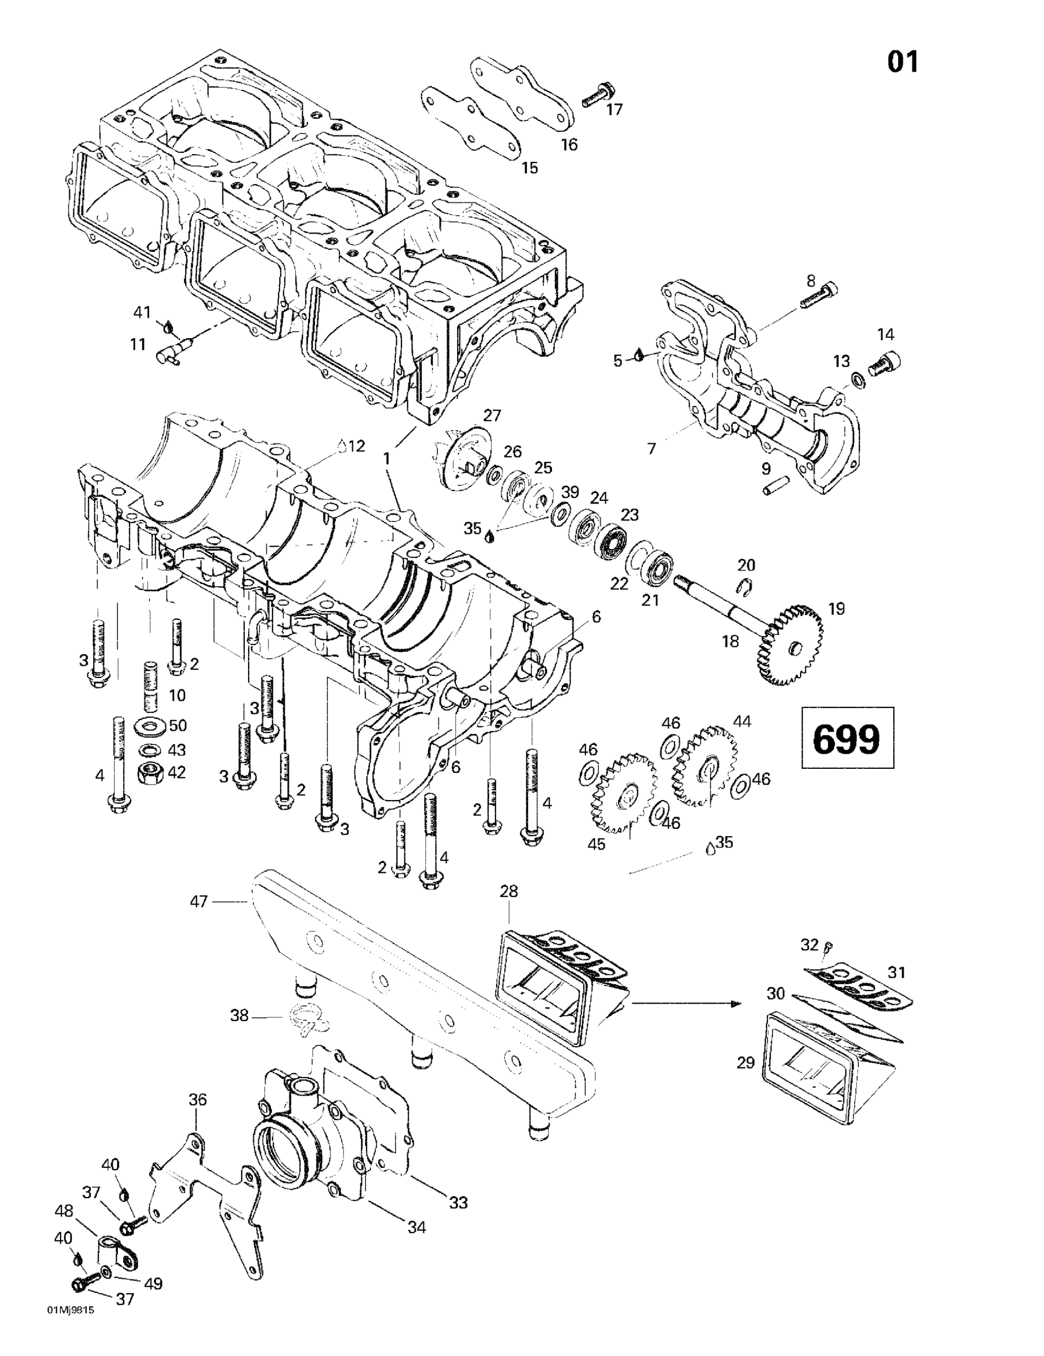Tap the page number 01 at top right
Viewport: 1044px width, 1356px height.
(903, 62)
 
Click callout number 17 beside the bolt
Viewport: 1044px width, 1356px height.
(614, 110)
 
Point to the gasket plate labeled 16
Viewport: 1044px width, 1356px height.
(521, 93)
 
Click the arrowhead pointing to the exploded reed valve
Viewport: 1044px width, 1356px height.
(735, 1003)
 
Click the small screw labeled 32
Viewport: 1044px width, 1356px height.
(828, 947)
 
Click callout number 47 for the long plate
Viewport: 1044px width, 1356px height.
(199, 901)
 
